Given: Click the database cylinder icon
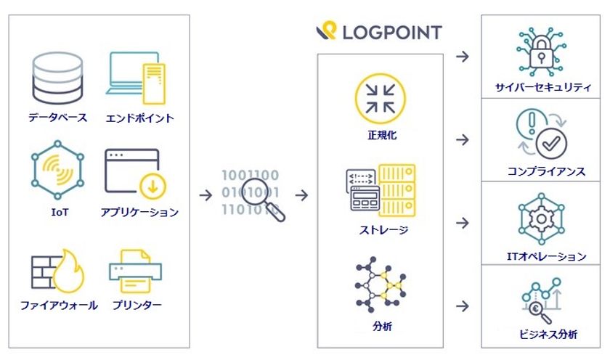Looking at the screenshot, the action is [57, 79].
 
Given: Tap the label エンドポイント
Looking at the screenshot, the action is [139, 118].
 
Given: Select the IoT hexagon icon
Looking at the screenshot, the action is [57, 170].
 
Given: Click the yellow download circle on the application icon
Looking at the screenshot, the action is [153, 187].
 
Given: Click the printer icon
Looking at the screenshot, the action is [135, 271].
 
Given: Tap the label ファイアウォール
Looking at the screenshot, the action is [59, 306].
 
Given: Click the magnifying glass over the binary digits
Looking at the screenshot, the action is [261, 199].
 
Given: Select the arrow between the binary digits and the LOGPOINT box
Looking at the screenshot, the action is [301, 195].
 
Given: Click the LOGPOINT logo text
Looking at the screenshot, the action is [391, 32].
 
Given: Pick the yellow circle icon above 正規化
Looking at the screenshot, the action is [380, 99].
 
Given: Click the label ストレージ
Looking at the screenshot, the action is [383, 230].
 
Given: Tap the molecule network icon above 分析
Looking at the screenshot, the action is [381, 285].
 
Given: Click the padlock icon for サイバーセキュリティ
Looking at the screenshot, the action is [541, 52].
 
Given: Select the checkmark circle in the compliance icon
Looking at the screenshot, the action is [551, 143].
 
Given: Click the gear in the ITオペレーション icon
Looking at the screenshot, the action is [541, 219].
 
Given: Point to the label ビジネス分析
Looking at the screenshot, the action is [548, 334].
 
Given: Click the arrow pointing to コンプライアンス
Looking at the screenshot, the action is [462, 139].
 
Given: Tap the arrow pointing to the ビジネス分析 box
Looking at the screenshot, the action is [462, 306].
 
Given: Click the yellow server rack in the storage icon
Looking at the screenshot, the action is [396, 190].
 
